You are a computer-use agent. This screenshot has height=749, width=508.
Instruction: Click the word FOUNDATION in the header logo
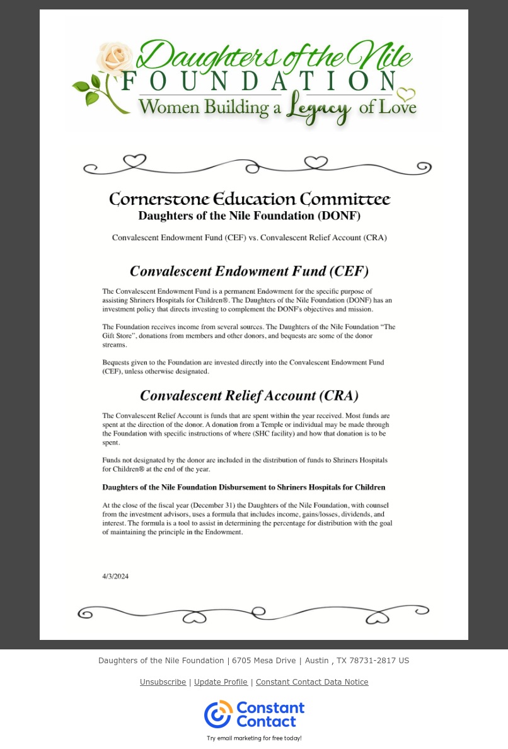259,82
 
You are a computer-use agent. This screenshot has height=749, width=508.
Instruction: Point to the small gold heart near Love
406,95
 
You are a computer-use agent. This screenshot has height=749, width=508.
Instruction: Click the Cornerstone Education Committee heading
250,199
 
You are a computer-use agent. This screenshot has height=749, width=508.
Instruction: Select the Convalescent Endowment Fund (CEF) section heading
249,271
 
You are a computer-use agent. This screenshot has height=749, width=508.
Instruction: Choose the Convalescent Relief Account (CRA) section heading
249,396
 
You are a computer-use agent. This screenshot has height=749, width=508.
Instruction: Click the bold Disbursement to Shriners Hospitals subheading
243,487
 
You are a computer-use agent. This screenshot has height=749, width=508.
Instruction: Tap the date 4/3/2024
115,576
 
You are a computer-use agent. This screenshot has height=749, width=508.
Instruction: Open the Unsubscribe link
163,682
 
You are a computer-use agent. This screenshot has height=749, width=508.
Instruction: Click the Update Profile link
221,682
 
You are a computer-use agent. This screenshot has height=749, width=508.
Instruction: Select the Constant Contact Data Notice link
312,682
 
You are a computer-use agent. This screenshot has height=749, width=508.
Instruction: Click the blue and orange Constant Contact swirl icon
218,714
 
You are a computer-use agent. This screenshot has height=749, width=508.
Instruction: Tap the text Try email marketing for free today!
254,738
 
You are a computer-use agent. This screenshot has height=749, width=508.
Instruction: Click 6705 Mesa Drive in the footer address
263,661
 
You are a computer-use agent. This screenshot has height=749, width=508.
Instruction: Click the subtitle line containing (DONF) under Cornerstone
249,216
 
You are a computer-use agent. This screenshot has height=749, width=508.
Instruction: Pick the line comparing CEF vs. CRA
249,238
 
